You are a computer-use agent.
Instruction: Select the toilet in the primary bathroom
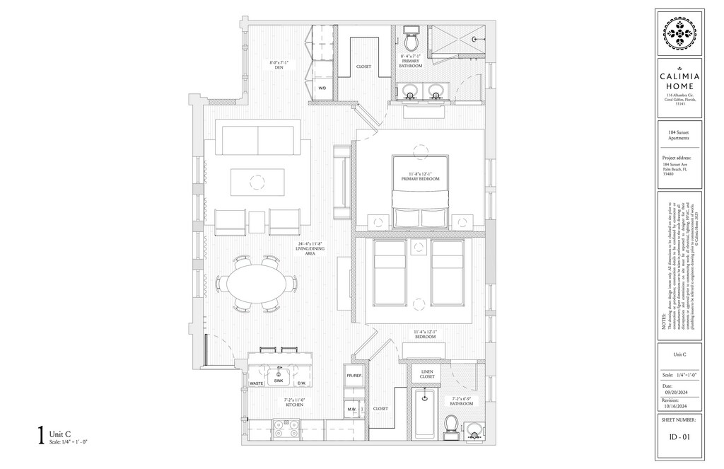click(x=411, y=35)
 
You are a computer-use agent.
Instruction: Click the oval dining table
click(x=255, y=282)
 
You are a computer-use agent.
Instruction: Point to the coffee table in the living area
click(x=257, y=183)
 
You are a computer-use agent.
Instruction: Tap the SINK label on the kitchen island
click(x=278, y=380)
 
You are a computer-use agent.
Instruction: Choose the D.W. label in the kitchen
click(x=300, y=384)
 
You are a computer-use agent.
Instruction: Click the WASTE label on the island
click(x=257, y=384)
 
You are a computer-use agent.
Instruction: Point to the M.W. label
click(x=351, y=409)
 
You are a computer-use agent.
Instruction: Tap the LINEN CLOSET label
click(x=427, y=374)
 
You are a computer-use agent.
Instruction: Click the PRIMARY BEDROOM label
click(x=420, y=176)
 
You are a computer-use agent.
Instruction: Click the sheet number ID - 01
click(x=679, y=436)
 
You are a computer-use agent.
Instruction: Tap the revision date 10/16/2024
click(x=676, y=407)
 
